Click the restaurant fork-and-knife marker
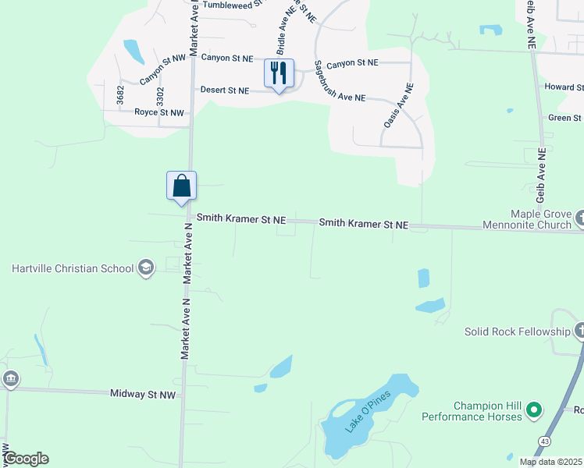pyautogui.click(x=279, y=73)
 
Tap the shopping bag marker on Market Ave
pyautogui.click(x=181, y=186)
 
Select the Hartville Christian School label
pyautogui.click(x=73, y=269)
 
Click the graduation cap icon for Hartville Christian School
pyautogui.click(x=145, y=269)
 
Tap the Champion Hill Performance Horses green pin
pyautogui.click(x=534, y=409)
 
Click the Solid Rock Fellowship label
pyautogui.click(x=518, y=331)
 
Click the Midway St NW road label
pyautogui.click(x=143, y=395)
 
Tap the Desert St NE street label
pyautogui.click(x=224, y=90)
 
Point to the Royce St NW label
pyautogui.click(x=159, y=113)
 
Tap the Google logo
pyautogui.click(x=26, y=459)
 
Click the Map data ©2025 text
pyautogui.click(x=550, y=462)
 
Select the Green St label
pyautogui.click(x=564, y=118)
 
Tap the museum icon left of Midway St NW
pyautogui.click(x=11, y=380)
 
